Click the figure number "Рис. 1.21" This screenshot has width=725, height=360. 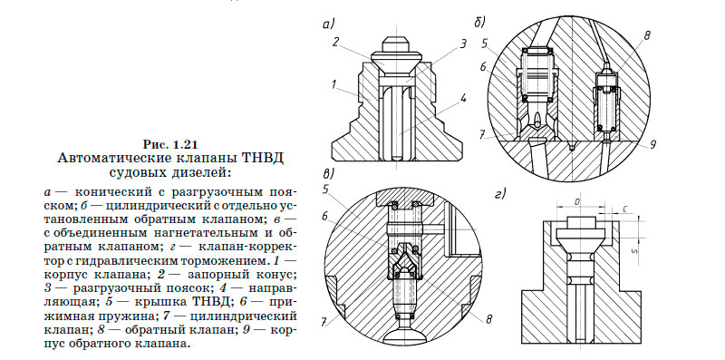point(170,144)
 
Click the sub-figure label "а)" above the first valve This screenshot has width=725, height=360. point(330,24)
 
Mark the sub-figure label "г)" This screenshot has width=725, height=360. point(500,193)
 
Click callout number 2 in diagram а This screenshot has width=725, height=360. point(334,42)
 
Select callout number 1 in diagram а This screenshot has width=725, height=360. point(334,86)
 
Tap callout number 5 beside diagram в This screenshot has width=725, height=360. point(325,190)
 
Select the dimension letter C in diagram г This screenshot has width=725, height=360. point(626,209)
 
